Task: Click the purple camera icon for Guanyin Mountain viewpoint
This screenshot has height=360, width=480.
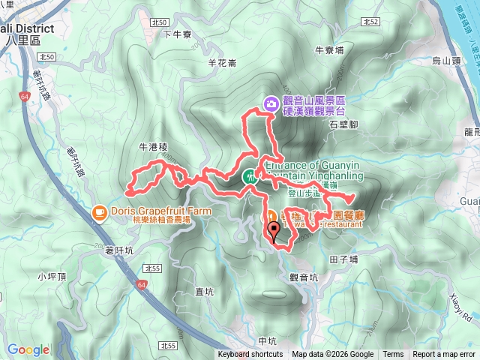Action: (x=270, y=103)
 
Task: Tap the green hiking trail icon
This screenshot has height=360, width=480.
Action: (x=248, y=178)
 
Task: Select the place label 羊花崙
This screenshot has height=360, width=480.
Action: (x=221, y=63)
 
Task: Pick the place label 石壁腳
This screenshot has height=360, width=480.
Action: (x=343, y=126)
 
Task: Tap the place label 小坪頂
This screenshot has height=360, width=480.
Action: (x=51, y=276)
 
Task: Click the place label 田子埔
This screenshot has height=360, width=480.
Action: (x=344, y=259)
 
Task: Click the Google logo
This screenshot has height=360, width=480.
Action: (x=28, y=349)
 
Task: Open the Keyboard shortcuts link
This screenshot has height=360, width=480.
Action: (x=250, y=355)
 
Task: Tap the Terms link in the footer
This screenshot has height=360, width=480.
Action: (x=392, y=355)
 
